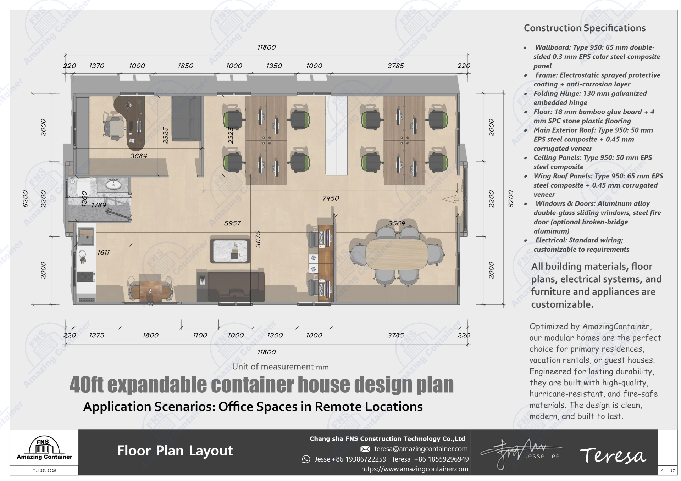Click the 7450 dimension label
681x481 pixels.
click(x=331, y=198)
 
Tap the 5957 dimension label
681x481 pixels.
click(x=232, y=223)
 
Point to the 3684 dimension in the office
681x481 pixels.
click(x=138, y=156)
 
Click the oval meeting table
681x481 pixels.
click(x=397, y=254)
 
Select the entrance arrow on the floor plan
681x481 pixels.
click(x=451, y=200)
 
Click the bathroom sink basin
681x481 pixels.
click(x=113, y=184)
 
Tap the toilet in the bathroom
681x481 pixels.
click(x=83, y=188)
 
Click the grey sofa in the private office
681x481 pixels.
click(x=187, y=119)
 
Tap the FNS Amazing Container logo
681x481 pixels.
click(x=44, y=448)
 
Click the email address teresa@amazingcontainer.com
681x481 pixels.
click(x=421, y=449)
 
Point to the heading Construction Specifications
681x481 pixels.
click(x=585, y=28)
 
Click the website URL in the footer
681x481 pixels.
click(x=415, y=469)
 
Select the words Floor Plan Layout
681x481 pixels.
click(x=175, y=451)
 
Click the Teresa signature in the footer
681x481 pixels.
click(x=613, y=455)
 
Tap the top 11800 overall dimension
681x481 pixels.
click(x=266, y=47)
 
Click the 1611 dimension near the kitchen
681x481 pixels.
click(x=104, y=252)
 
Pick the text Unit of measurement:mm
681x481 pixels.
click(x=280, y=367)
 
